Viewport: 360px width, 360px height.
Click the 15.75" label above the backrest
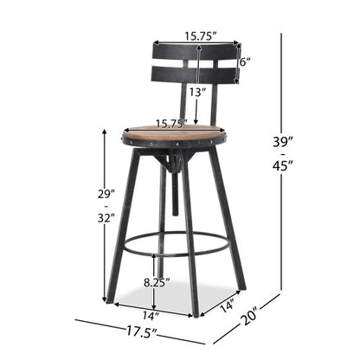point(200,37)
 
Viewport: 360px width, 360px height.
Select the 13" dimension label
point(197,92)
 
